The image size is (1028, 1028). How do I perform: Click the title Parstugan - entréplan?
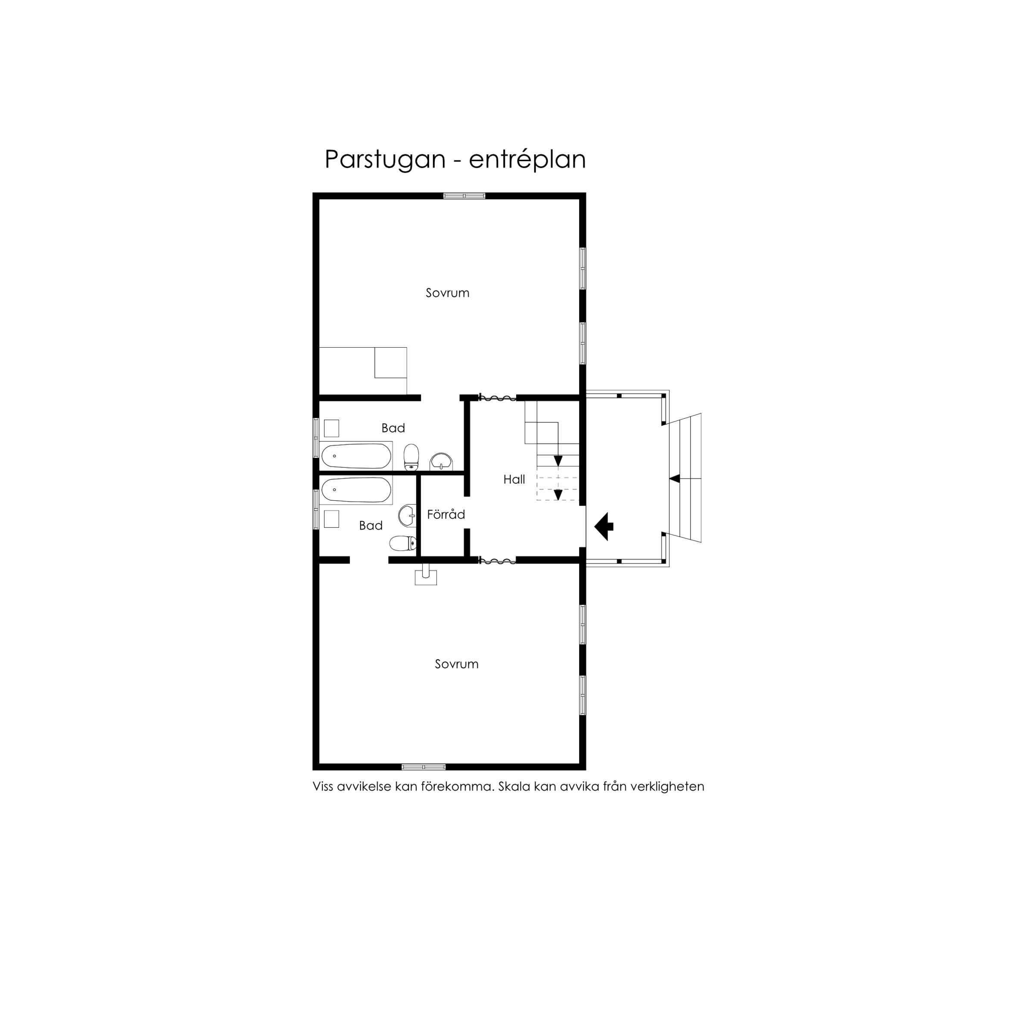click(x=455, y=159)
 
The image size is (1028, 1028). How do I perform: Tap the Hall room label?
click(x=514, y=480)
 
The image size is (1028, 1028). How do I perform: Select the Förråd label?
click(x=446, y=514)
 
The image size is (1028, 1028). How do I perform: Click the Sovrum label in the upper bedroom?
click(x=448, y=293)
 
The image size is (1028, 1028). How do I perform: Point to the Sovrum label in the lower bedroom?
click(x=457, y=664)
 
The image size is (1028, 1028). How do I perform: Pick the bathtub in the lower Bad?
click(x=356, y=490)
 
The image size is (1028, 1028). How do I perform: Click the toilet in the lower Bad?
click(x=403, y=543)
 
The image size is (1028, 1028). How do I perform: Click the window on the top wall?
click(x=464, y=196)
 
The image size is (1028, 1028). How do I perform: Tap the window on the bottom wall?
click(x=424, y=767)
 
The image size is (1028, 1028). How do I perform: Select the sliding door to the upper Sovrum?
click(x=498, y=398)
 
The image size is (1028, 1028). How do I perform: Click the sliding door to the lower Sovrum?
click(x=498, y=560)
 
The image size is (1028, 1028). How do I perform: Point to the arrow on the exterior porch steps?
click(x=675, y=479)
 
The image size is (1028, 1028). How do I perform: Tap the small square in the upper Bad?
click(x=331, y=428)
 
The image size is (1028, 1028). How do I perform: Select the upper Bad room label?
click(x=393, y=428)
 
